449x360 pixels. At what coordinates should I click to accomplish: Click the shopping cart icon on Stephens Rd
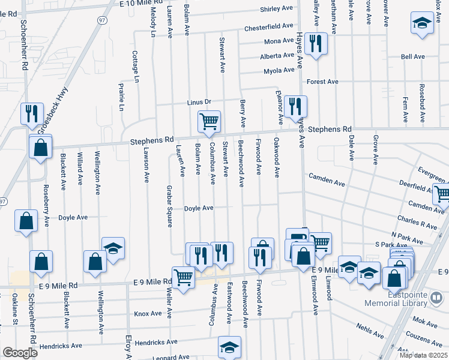[x=209, y=122]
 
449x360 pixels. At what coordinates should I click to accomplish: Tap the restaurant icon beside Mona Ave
[x=313, y=43]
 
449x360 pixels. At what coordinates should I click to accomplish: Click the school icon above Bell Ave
[x=423, y=24]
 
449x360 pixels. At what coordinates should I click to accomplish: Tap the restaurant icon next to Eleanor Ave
[x=295, y=107]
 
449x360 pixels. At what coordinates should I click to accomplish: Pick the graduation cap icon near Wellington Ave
[x=113, y=249]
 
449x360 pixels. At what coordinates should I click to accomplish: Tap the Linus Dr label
[x=199, y=102]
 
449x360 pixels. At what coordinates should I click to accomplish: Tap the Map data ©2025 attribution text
[x=423, y=355]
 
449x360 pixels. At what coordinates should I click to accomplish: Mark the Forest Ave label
[x=322, y=82]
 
